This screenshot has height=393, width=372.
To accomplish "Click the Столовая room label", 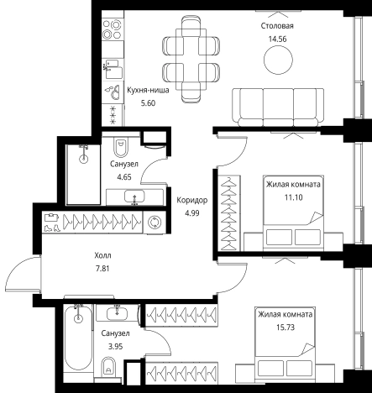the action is (277, 26).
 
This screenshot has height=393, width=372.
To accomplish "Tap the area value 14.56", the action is (277, 39).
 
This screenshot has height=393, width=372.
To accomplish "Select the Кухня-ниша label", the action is (148, 90).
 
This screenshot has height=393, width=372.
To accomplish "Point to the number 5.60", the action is (148, 103).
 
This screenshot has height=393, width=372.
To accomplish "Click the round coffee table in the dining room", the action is (278, 60).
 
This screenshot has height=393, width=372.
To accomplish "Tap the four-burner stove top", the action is (112, 29).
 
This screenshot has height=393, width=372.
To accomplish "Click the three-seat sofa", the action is (278, 107).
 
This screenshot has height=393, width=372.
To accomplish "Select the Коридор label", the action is (192, 200).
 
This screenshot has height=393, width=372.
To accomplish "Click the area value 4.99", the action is (192, 213).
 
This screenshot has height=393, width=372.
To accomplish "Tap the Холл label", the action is (102, 255).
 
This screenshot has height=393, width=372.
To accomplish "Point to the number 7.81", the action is (102, 269).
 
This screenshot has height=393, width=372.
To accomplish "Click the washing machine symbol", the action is (155, 223).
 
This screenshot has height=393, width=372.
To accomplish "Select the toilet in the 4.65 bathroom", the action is (121, 147).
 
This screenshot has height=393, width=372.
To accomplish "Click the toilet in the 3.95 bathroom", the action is (108, 367).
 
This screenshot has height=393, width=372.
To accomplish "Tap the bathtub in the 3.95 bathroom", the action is (78, 339).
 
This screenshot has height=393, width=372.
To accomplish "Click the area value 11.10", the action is (294, 197).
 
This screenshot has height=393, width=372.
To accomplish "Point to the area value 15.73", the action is (286, 327).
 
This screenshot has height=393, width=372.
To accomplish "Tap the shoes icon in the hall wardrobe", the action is (52, 228).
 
